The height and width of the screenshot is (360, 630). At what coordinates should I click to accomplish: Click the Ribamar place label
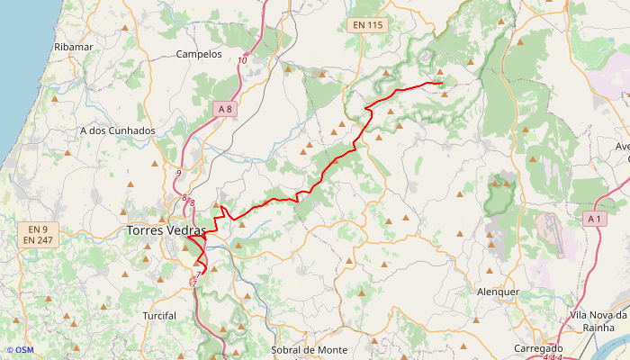point(74,46)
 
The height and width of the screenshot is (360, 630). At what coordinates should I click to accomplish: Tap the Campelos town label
point(199,54)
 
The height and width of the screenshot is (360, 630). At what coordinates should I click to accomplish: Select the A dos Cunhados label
point(118,130)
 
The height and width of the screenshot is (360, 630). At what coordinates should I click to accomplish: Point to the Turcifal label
point(159,316)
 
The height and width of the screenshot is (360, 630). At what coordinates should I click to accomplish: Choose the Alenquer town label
point(498,292)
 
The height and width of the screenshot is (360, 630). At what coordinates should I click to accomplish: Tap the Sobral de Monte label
point(309,349)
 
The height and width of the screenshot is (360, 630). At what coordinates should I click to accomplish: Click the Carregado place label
point(538,348)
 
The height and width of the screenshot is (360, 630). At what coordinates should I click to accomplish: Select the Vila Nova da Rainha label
point(598,321)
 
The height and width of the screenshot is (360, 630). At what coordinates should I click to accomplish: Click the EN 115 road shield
point(367,25)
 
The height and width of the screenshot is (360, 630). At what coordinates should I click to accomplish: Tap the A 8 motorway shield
point(224,109)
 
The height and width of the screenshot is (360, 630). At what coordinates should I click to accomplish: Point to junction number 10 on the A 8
point(243,60)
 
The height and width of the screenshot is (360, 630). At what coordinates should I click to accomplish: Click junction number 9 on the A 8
point(179,173)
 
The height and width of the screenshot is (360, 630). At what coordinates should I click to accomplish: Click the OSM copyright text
point(19,350)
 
